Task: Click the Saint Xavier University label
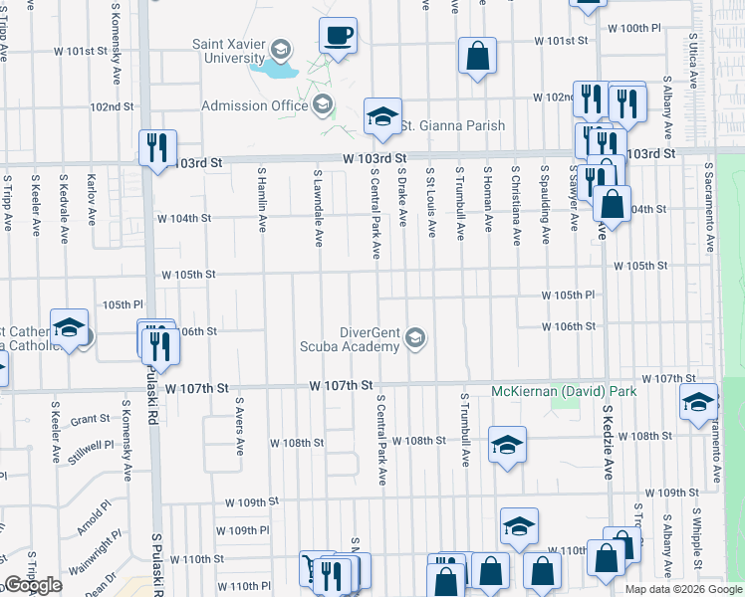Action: tap(234, 51)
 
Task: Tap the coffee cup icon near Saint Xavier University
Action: tap(337, 37)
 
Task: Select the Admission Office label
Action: tap(256, 105)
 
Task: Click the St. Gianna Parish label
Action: tap(452, 125)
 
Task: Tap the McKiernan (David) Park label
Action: tap(564, 391)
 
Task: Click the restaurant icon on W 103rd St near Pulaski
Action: tap(156, 148)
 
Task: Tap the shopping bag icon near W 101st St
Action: tap(477, 57)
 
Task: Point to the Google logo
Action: tap(32, 585)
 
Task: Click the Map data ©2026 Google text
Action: tap(683, 589)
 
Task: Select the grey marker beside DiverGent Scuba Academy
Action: tap(415, 339)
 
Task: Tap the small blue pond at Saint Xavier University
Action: tap(274, 71)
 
